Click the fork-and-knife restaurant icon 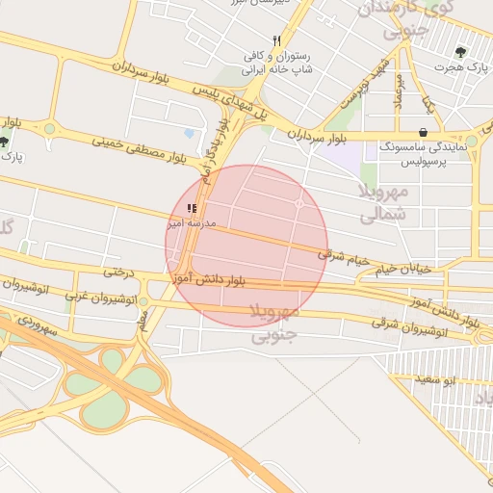click(276, 40)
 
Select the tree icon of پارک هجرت click(459, 53)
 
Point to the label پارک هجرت click(460, 69)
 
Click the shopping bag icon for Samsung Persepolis click(423, 132)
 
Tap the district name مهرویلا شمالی click(385, 203)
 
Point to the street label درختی click(117, 272)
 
